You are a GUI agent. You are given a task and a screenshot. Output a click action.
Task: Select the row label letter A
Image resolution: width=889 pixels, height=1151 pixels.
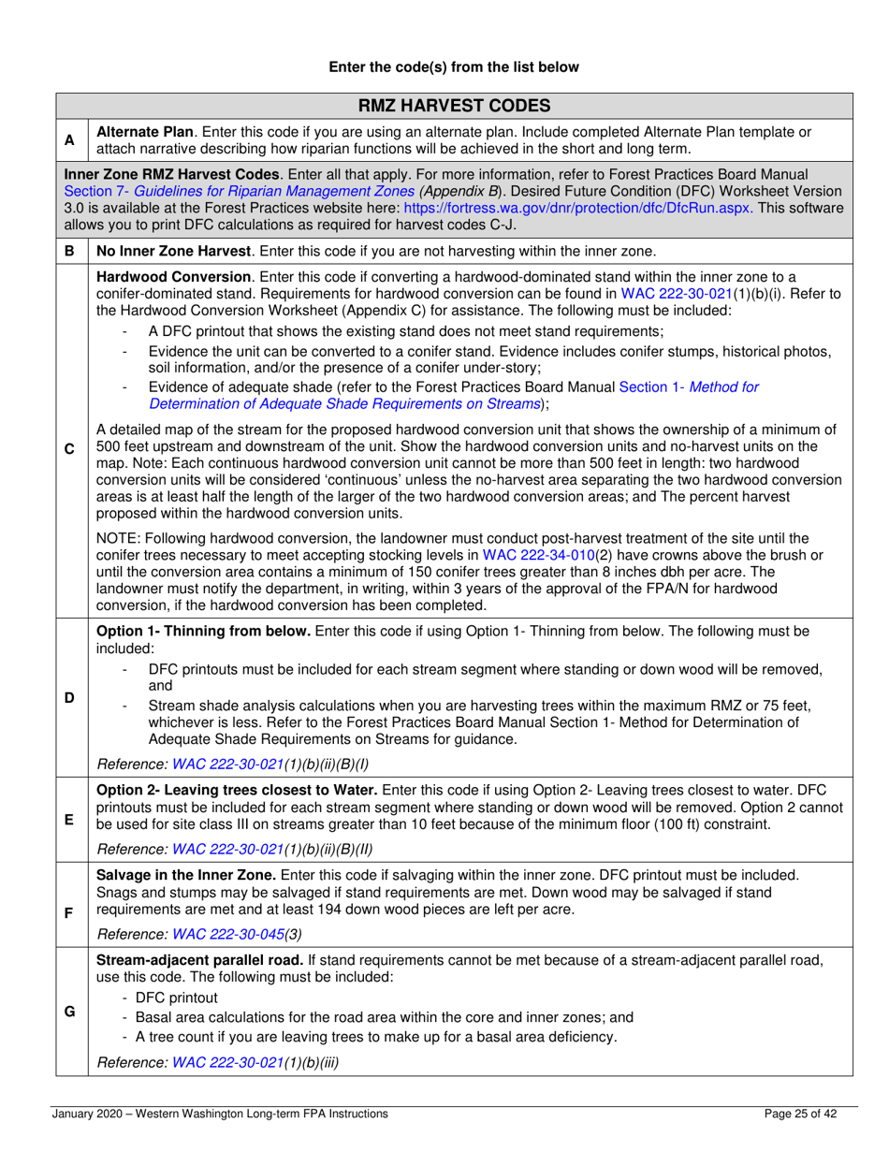pyautogui.click(x=69, y=140)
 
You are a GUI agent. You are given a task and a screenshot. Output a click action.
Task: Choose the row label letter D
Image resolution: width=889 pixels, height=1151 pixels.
pyautogui.click(x=69, y=697)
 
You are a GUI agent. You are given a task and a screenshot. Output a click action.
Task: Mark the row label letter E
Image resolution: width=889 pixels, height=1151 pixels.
pyautogui.click(x=69, y=818)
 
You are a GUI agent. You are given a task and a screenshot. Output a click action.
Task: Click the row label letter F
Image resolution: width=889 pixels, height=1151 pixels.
pyautogui.click(x=69, y=908)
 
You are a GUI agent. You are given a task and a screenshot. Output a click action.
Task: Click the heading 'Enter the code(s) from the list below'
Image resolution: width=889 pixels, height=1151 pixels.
pyautogui.click(x=453, y=66)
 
